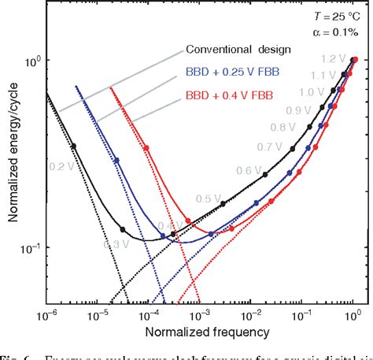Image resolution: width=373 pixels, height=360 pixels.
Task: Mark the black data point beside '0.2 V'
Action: tap(74, 147)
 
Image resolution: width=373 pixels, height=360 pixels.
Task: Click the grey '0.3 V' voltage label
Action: tap(114, 244)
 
